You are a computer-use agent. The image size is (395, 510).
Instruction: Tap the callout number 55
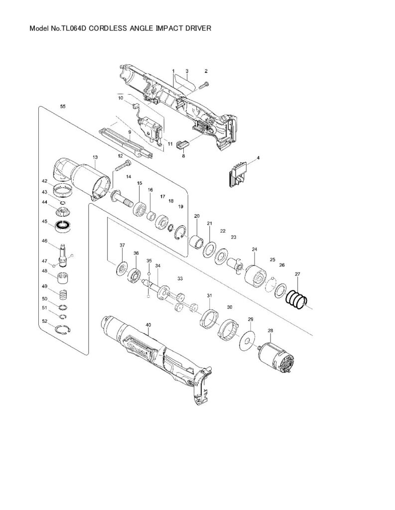[x=62, y=107]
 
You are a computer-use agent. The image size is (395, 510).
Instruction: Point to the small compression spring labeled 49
[x=63, y=294]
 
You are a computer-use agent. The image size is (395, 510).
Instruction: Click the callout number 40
[x=148, y=325]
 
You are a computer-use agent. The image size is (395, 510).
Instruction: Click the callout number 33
[x=180, y=278]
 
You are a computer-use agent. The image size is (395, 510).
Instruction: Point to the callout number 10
[x=121, y=98]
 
